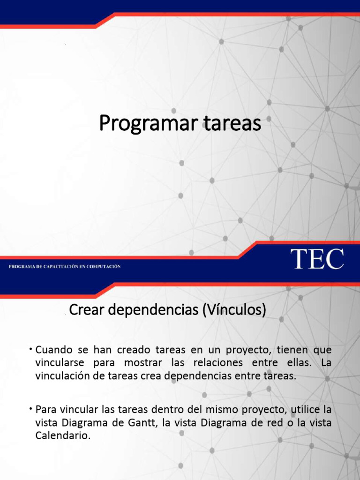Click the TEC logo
click(317, 259)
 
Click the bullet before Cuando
click(30, 349)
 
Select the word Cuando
click(54, 350)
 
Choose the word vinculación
click(63, 376)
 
